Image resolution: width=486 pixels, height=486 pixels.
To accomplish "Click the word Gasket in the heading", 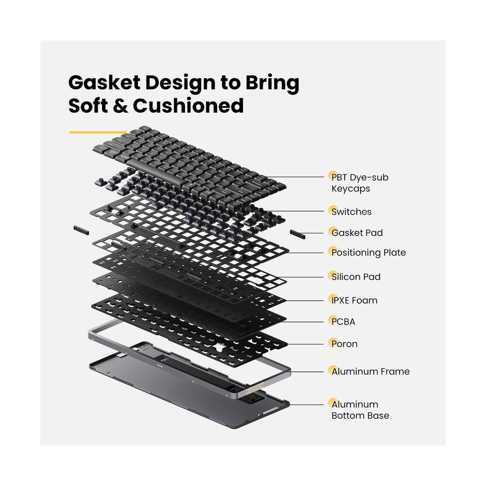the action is (104, 83).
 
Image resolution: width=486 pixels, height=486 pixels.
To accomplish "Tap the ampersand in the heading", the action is (120, 105).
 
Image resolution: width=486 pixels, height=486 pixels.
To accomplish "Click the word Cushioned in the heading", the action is (188, 105).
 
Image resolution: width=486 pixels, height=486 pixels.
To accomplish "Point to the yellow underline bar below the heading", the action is (98, 132).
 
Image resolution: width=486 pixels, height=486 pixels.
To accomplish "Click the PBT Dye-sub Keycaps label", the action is (360, 183).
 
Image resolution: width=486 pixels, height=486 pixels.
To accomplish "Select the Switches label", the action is (351, 212).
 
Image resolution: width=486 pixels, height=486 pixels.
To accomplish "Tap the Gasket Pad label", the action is (357, 233).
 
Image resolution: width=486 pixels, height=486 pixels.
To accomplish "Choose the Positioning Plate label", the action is (368, 253).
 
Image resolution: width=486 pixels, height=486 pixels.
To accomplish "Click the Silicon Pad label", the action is (356, 277).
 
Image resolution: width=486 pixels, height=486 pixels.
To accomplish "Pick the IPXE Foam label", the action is (354, 300).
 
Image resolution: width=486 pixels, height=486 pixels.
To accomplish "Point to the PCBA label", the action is (343, 322).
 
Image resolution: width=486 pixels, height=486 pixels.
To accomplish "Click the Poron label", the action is (345, 344).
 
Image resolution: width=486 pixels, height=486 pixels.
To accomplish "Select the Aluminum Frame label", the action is (370, 371).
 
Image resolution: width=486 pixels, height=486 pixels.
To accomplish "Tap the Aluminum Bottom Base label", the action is (360, 410).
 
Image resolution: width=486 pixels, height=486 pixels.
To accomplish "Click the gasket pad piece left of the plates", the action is (81, 230).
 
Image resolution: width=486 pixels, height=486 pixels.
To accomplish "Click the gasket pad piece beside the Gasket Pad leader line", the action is (297, 234).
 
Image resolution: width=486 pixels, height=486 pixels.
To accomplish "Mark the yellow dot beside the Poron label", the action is (333, 342).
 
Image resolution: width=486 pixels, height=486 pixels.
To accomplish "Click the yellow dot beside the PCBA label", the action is (333, 320).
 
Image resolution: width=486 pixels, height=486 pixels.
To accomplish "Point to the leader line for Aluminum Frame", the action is (307, 372).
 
